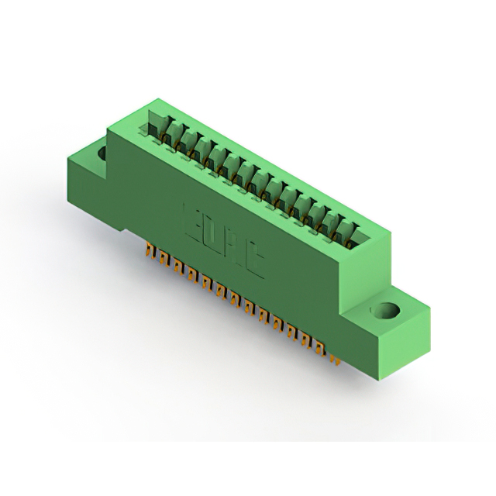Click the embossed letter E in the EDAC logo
point(193,219)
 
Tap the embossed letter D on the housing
point(213,232)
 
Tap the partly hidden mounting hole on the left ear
point(102,153)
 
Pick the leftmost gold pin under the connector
point(148,253)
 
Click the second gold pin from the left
point(159,260)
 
